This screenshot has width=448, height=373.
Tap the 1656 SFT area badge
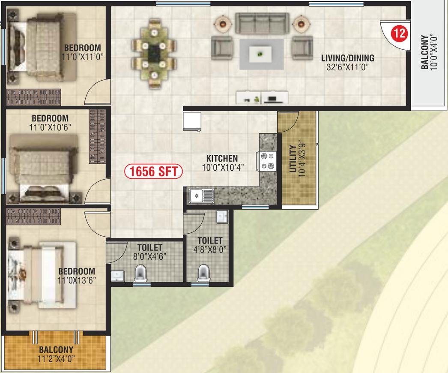[x=153, y=171]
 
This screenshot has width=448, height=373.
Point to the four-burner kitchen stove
[x=267, y=161]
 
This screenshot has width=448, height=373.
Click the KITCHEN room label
[x=222, y=158]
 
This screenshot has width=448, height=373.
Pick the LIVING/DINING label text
[x=348, y=58]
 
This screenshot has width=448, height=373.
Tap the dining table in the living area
[x=154, y=53]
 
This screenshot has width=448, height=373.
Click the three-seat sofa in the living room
[x=262, y=23]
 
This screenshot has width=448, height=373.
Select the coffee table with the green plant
[x=260, y=54]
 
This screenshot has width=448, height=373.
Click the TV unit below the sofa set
[x=262, y=97]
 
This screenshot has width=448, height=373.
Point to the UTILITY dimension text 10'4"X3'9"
[x=302, y=158]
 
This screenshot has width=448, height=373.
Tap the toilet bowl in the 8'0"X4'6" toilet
[x=140, y=273]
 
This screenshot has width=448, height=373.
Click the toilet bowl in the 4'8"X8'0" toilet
[x=203, y=273]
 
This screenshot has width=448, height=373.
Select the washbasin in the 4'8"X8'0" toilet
[x=222, y=217]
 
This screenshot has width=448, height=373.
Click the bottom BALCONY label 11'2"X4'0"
[x=56, y=354]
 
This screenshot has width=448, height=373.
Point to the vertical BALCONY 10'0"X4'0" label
[x=429, y=52]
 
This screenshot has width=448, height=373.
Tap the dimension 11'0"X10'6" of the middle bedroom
[x=50, y=127]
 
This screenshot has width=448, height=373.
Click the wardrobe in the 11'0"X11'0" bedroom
[x=33, y=97]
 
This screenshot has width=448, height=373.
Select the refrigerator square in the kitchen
[x=192, y=121]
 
